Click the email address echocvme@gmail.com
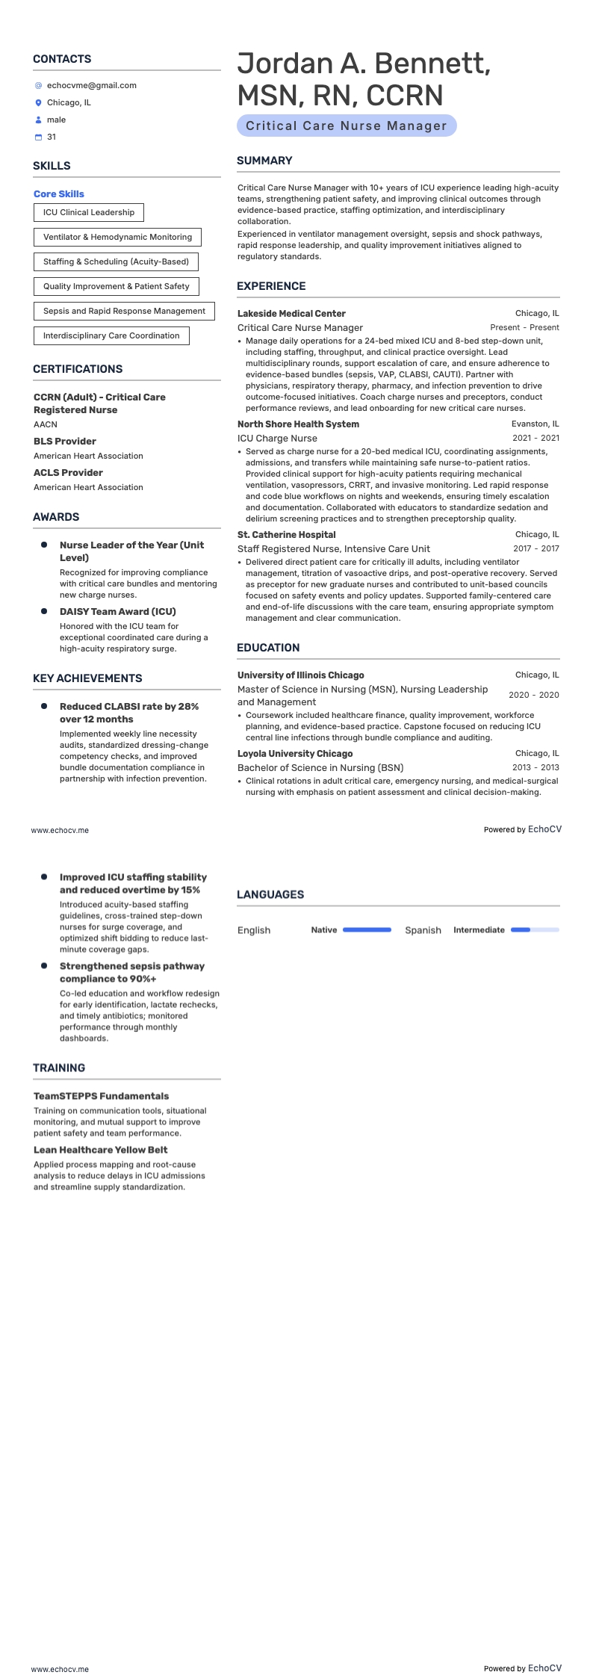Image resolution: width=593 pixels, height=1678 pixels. [x=91, y=85]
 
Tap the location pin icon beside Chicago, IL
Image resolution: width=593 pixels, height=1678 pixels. [x=39, y=103]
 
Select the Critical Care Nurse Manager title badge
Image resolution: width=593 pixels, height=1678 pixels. [x=346, y=126]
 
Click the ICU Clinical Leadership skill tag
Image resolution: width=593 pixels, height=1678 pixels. [x=89, y=212]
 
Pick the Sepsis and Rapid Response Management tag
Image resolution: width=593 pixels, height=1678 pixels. [x=124, y=311]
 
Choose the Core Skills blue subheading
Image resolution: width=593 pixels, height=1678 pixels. [x=59, y=194]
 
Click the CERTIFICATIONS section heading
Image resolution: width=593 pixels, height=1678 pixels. [x=78, y=369]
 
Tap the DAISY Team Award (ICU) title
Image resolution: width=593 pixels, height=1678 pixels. [x=117, y=611]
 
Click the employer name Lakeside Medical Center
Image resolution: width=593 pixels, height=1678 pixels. [x=291, y=314]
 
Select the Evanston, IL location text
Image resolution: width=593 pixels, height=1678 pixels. [x=535, y=424]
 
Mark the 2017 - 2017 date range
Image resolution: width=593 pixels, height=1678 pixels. [x=535, y=548]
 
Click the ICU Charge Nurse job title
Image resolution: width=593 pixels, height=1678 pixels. [x=277, y=439]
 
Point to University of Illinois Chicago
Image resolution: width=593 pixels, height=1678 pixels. [x=300, y=675]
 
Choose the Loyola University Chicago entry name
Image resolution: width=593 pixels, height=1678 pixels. [x=295, y=754]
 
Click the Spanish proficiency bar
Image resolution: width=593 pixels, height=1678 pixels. [x=535, y=930]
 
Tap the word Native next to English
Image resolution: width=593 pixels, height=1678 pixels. [x=323, y=930]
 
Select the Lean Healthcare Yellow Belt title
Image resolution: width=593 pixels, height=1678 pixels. [x=100, y=1150]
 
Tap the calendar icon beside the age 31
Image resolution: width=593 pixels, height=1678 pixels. [x=39, y=137]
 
